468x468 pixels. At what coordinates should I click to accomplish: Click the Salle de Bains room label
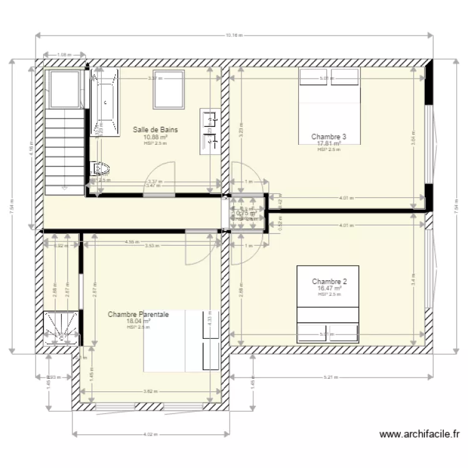(155, 130)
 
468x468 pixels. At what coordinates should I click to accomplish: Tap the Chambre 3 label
(329, 137)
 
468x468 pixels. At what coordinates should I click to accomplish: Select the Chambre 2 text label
(329, 281)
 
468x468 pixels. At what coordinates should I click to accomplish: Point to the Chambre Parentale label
(139, 315)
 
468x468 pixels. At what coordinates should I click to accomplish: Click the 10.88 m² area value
(155, 137)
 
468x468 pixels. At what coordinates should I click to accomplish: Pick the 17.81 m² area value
(329, 143)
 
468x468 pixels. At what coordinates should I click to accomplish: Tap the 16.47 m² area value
(329, 288)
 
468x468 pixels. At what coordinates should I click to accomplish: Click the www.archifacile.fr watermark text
(419, 434)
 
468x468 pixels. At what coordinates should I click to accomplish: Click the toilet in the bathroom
(100, 168)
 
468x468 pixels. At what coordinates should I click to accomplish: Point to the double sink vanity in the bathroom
(209, 130)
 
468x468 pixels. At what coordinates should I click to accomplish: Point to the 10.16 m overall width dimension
(233, 36)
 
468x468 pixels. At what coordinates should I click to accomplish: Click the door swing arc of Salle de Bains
(161, 176)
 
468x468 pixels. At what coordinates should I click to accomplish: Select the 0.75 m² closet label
(246, 212)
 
